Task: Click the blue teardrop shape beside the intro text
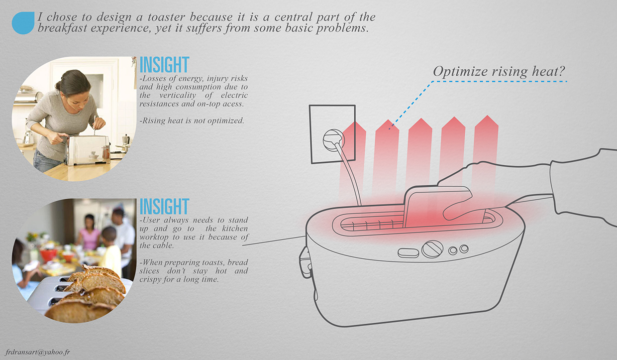(23, 23)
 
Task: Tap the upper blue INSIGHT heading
(164, 65)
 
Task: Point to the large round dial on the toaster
(432, 248)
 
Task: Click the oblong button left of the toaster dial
(408, 252)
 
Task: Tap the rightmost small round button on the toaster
(464, 248)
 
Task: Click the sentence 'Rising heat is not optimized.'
(192, 120)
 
